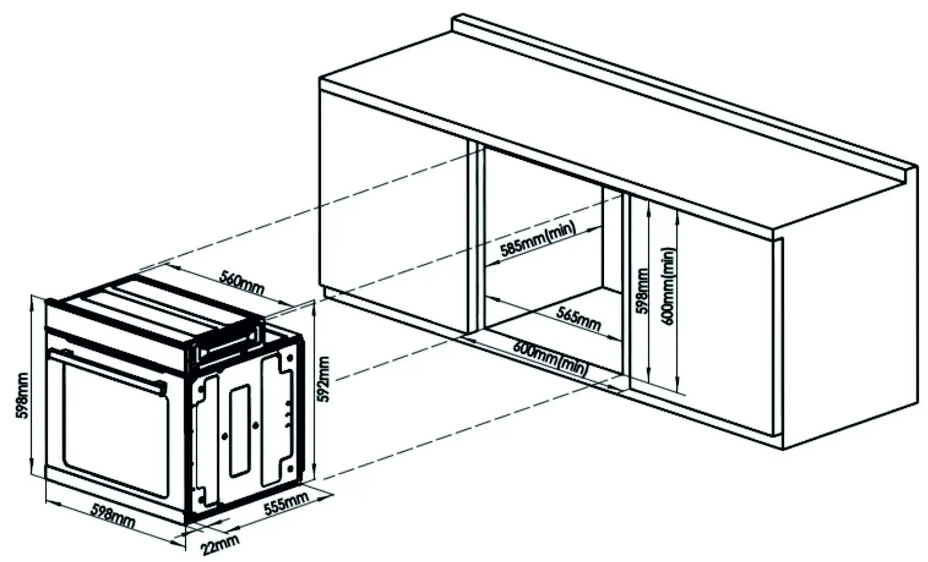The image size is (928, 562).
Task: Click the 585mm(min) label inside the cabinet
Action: click(538, 240)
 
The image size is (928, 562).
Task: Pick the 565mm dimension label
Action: click(578, 319)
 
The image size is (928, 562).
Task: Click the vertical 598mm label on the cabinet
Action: click(643, 291)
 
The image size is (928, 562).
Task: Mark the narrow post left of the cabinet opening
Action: click(474, 239)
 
